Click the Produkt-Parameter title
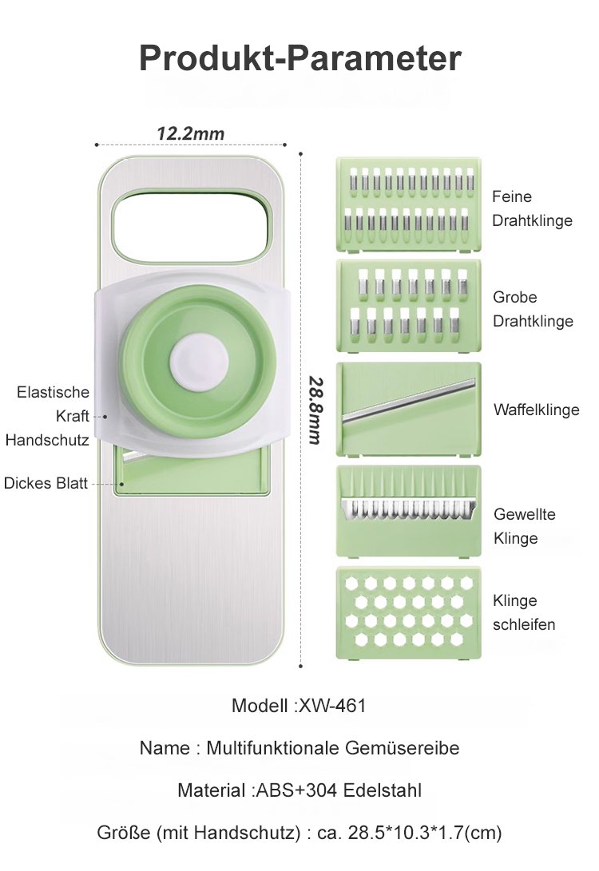[x=300, y=58]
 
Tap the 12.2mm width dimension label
[x=191, y=134]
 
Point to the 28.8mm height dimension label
[x=315, y=410]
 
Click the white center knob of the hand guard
[x=199, y=361]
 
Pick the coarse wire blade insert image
[x=408, y=306]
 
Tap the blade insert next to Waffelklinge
[x=408, y=410]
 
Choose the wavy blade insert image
[x=408, y=511]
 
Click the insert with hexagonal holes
[x=408, y=612]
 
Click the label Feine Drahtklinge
[x=532, y=208]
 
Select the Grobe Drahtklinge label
[x=533, y=309]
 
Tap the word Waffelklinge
[x=536, y=410]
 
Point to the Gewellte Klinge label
[x=524, y=526]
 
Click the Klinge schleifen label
[x=523, y=612]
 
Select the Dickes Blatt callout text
[x=46, y=483]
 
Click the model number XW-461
[x=332, y=706]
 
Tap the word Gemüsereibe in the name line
[x=403, y=748]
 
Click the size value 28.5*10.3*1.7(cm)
[x=425, y=833]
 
